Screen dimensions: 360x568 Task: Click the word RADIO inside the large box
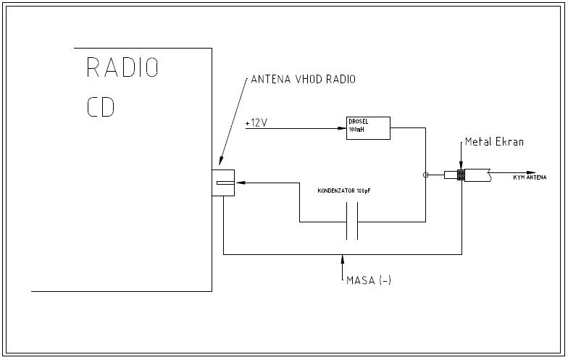point(122,67)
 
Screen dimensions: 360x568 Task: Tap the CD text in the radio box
point(101,106)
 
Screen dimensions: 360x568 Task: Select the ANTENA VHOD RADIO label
point(303,79)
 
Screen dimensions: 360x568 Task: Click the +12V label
point(256,122)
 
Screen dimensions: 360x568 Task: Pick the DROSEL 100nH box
point(369,127)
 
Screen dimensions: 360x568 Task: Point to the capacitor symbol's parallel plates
point(352,221)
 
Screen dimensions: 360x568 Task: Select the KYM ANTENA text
point(530,177)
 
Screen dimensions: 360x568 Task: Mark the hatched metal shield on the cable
point(460,175)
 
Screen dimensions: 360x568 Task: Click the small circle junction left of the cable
point(425,175)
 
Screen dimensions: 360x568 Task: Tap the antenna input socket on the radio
point(225,183)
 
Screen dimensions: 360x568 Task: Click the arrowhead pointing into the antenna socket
point(240,183)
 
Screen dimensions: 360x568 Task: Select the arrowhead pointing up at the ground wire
point(341,258)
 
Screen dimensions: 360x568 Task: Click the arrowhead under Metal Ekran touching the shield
point(460,167)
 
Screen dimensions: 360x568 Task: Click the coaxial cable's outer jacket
point(478,175)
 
